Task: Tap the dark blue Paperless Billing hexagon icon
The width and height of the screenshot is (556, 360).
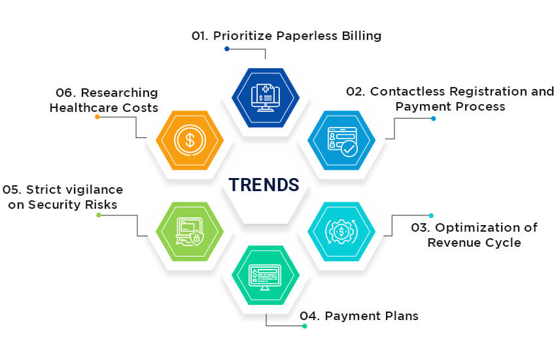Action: click(266, 98)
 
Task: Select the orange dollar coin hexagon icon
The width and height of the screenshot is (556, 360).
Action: click(190, 140)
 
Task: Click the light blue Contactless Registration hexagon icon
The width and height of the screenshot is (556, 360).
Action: click(341, 140)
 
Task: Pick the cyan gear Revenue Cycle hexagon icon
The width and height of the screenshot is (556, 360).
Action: click(341, 231)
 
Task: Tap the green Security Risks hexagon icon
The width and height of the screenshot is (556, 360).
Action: click(190, 231)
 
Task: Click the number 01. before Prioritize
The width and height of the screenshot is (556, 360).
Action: click(200, 36)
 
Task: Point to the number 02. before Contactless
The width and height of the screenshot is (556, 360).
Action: click(356, 92)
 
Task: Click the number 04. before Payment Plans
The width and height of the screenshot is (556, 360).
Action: click(310, 316)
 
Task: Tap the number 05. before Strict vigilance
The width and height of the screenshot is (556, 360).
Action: click(12, 190)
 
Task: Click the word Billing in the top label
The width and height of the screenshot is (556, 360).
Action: click(360, 36)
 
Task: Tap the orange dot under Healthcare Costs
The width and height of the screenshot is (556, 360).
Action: click(97, 117)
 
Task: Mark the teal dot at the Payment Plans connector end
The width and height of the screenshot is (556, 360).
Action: click(304, 326)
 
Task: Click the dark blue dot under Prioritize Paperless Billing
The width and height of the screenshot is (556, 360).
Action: click(227, 48)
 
